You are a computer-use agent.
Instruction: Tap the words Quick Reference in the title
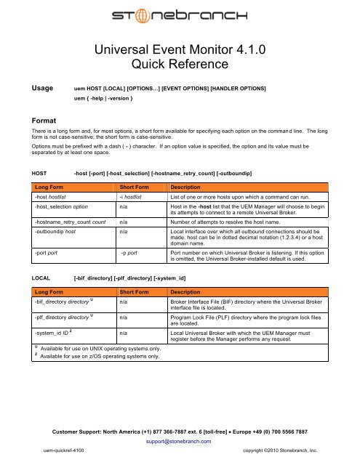coord(180,68)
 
